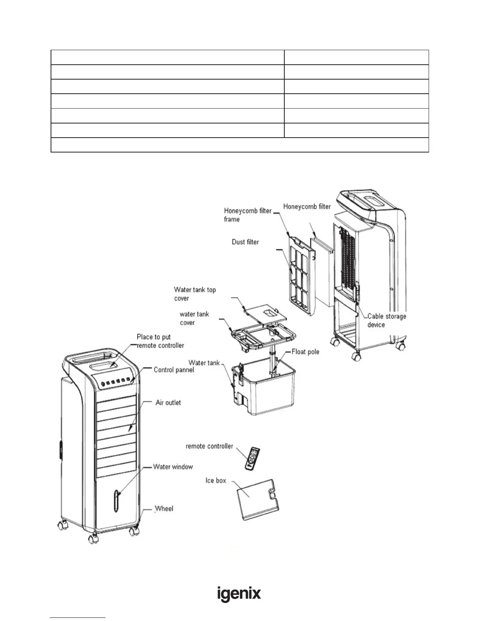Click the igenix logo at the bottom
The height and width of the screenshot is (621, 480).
239,594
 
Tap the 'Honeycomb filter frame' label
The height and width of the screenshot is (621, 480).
247,215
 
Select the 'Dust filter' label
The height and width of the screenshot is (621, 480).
245,242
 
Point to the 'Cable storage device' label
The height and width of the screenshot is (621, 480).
387,320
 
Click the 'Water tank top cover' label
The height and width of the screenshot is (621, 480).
195,294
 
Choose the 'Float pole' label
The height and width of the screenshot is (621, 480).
305,352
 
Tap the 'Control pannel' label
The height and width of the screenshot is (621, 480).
174,370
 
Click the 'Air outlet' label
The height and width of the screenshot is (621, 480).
168,403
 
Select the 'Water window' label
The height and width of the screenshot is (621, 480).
173,467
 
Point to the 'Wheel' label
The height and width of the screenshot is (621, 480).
164,508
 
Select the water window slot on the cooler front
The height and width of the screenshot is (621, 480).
116,501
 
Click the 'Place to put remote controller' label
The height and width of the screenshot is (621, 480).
160,341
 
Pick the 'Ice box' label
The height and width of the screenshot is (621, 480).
216,480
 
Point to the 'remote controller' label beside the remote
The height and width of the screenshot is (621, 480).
209,446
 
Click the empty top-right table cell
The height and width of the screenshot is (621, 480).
356,57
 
